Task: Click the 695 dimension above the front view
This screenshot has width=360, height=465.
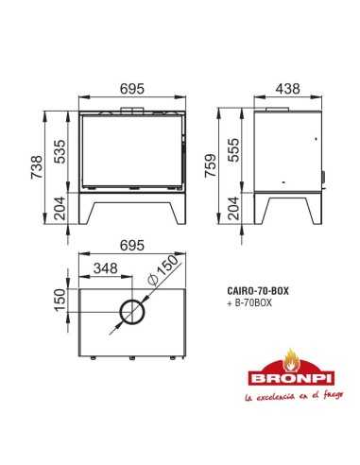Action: point(132,88)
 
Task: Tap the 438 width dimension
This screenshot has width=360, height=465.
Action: point(286,88)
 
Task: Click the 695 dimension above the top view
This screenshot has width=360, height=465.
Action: point(132,244)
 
